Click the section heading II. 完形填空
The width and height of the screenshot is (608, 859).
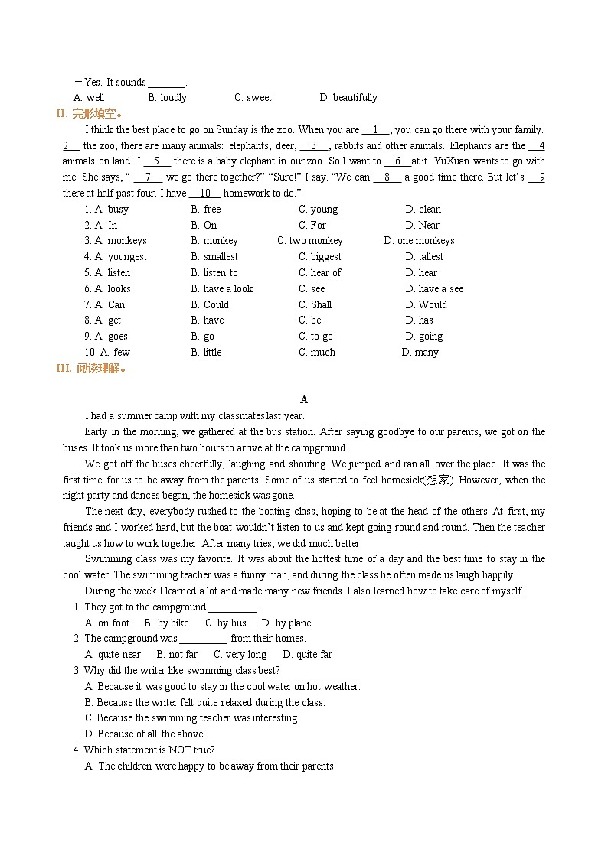[90, 114]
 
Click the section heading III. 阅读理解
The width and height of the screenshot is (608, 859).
[90, 369]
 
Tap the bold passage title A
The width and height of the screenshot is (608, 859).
[304, 400]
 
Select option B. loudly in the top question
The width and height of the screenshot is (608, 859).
[167, 98]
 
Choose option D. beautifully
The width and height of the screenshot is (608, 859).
[348, 98]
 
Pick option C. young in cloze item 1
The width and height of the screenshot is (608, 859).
[318, 210]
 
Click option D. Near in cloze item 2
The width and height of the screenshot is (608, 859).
[422, 226]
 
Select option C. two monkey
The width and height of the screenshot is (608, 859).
[310, 241]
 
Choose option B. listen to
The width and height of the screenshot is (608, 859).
[214, 273]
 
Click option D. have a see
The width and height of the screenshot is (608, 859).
[434, 289]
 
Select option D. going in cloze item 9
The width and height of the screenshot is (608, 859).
[424, 337]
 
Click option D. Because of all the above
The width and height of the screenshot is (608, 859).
[145, 734]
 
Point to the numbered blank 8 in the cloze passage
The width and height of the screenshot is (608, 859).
[387, 177]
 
